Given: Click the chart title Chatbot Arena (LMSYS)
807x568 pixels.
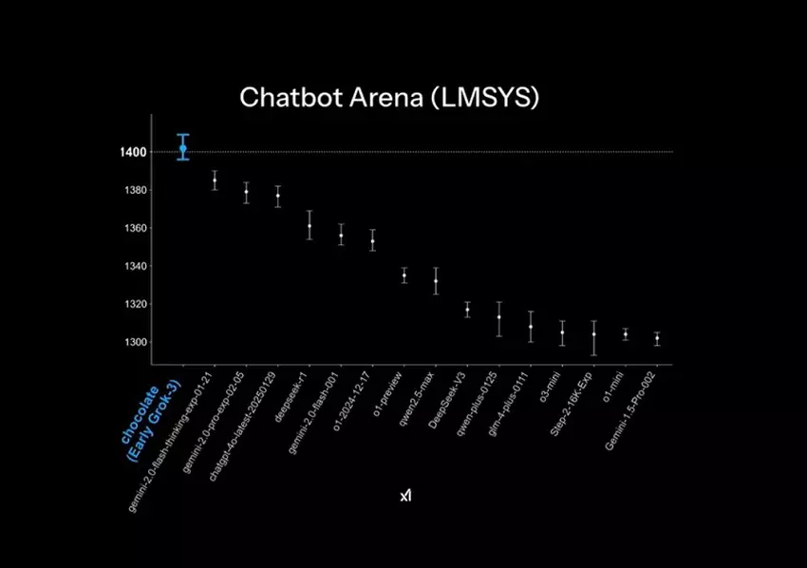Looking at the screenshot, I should point(388,97).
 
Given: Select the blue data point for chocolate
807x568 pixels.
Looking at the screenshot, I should point(182,148).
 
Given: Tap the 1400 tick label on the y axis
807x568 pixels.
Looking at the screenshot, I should point(133,152).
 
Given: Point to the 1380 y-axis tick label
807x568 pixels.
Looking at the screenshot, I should point(133,190).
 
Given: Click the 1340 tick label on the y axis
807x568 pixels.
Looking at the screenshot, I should point(133,266).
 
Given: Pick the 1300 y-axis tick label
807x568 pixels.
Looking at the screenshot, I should point(133,342).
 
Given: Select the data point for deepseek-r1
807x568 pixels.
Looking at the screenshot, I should point(310,226).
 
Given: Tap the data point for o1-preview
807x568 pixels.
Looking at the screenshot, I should point(404,275).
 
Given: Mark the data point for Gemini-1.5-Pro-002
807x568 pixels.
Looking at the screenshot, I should point(657,338).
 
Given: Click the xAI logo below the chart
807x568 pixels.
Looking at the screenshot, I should point(405,496).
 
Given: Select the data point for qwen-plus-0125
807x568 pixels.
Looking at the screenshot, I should point(499,317).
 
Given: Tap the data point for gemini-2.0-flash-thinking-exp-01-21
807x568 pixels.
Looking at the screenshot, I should point(215,180).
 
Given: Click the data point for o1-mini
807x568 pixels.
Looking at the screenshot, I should point(625,334).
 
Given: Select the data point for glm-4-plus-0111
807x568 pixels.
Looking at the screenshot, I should point(531,327).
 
